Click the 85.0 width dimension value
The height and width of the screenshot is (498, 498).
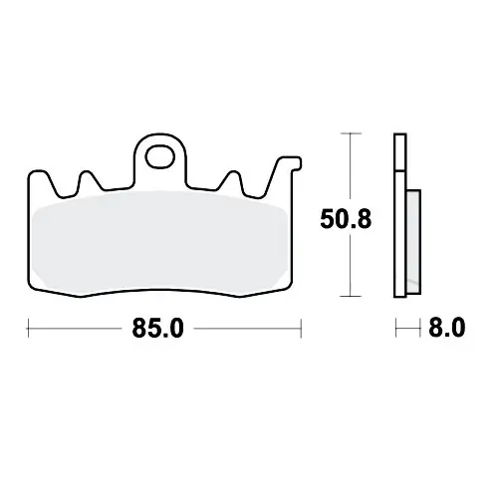point(157,329)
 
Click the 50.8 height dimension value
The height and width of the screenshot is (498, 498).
point(346,219)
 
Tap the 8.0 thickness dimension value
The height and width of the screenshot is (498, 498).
point(447,328)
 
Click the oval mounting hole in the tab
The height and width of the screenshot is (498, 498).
point(160,156)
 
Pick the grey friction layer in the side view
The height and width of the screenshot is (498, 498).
point(413,242)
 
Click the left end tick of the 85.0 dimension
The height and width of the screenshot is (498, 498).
point(28,329)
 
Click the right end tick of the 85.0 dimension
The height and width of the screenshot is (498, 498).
point(301,329)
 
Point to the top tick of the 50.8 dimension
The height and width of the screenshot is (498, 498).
point(351,133)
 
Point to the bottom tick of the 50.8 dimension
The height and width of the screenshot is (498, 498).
point(351,296)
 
